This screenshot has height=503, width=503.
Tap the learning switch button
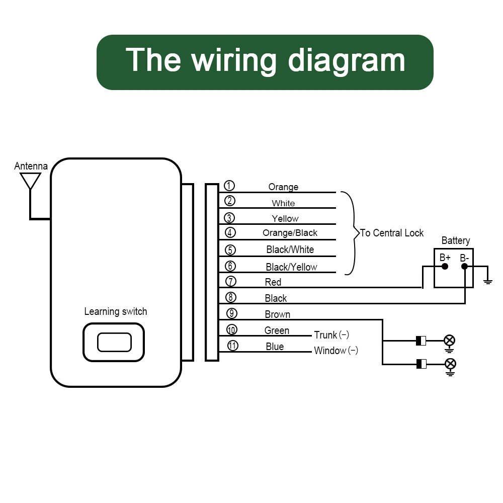(x=114, y=342)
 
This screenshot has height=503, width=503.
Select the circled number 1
(x=229, y=186)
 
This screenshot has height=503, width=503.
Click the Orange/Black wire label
(x=290, y=233)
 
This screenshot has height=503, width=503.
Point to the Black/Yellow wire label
(x=291, y=267)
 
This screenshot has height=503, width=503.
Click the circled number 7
(x=230, y=282)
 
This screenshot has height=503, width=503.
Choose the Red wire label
(x=273, y=282)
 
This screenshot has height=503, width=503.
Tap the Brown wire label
(x=277, y=314)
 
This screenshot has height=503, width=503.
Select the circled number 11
(x=232, y=346)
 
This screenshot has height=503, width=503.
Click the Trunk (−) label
(x=331, y=335)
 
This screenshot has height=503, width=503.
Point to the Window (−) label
(x=336, y=351)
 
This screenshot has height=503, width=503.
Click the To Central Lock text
(x=392, y=233)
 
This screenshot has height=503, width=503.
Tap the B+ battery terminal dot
(x=445, y=267)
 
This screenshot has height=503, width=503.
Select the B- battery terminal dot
(x=465, y=267)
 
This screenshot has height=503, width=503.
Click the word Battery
(x=455, y=241)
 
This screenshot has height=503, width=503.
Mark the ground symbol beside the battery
(x=487, y=281)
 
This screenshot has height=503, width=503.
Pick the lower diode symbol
(x=421, y=364)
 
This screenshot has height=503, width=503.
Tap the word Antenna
(x=31, y=166)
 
